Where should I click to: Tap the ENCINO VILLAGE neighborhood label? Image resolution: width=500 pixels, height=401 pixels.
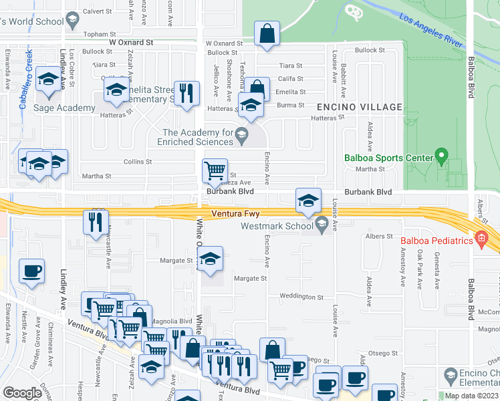pos(360,107)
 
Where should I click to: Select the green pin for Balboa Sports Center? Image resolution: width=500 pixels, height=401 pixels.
pos(441,156)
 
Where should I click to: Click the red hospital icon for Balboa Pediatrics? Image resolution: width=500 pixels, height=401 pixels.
pos(481,239)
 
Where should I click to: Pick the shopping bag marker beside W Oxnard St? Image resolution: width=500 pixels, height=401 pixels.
pos(267,34)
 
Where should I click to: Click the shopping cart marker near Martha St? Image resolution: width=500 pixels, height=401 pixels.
pos(215,170)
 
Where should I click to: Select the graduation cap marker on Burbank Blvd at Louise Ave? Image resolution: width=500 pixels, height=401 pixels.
pos(308,200)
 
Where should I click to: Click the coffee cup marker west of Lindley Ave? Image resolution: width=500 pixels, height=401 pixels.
pos(31,271)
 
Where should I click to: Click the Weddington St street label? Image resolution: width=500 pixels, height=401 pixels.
pos(301,297)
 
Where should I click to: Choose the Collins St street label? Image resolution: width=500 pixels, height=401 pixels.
pos(138,162)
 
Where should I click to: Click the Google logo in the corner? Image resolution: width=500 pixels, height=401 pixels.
pos(22,393)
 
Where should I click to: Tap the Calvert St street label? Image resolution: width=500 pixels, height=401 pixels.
pos(98,11)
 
